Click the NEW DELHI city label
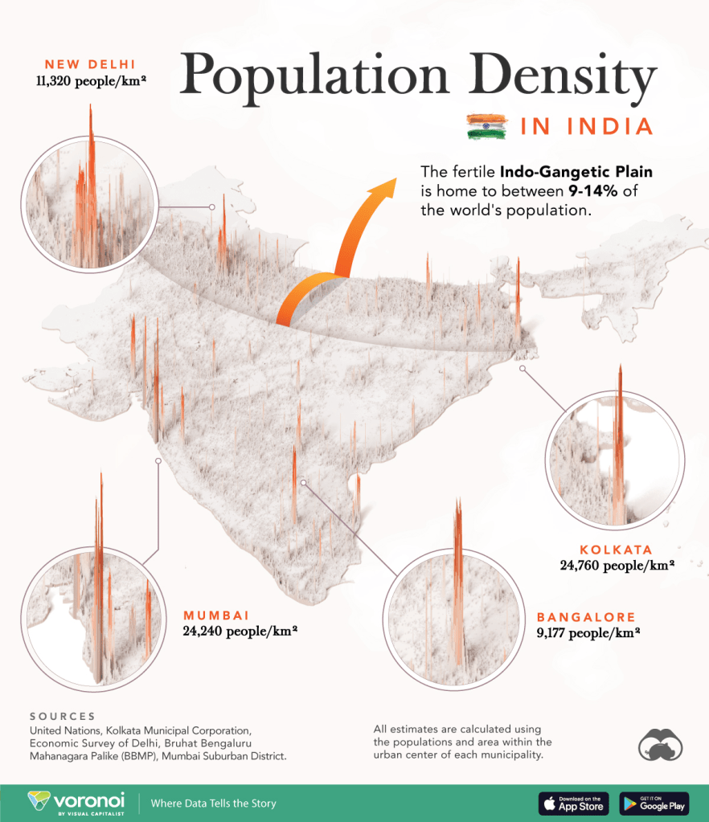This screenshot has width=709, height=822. click(x=90, y=63)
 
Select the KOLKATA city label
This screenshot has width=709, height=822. click(x=616, y=550)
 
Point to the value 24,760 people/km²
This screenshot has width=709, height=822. click(x=617, y=566)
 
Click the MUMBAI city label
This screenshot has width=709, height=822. click(x=216, y=615)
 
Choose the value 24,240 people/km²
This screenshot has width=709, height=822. click(x=240, y=632)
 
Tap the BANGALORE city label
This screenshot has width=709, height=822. click(x=586, y=617)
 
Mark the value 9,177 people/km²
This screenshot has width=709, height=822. click(x=588, y=632)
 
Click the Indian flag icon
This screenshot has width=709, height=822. click(x=486, y=126)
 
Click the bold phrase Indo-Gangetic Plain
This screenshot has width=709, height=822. click(x=576, y=172)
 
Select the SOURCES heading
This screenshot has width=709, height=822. click(x=62, y=716)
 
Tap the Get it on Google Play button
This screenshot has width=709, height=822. click(x=654, y=803)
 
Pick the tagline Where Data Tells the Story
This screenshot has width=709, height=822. click(x=213, y=803)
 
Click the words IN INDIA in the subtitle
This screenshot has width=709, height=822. click(x=585, y=127)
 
